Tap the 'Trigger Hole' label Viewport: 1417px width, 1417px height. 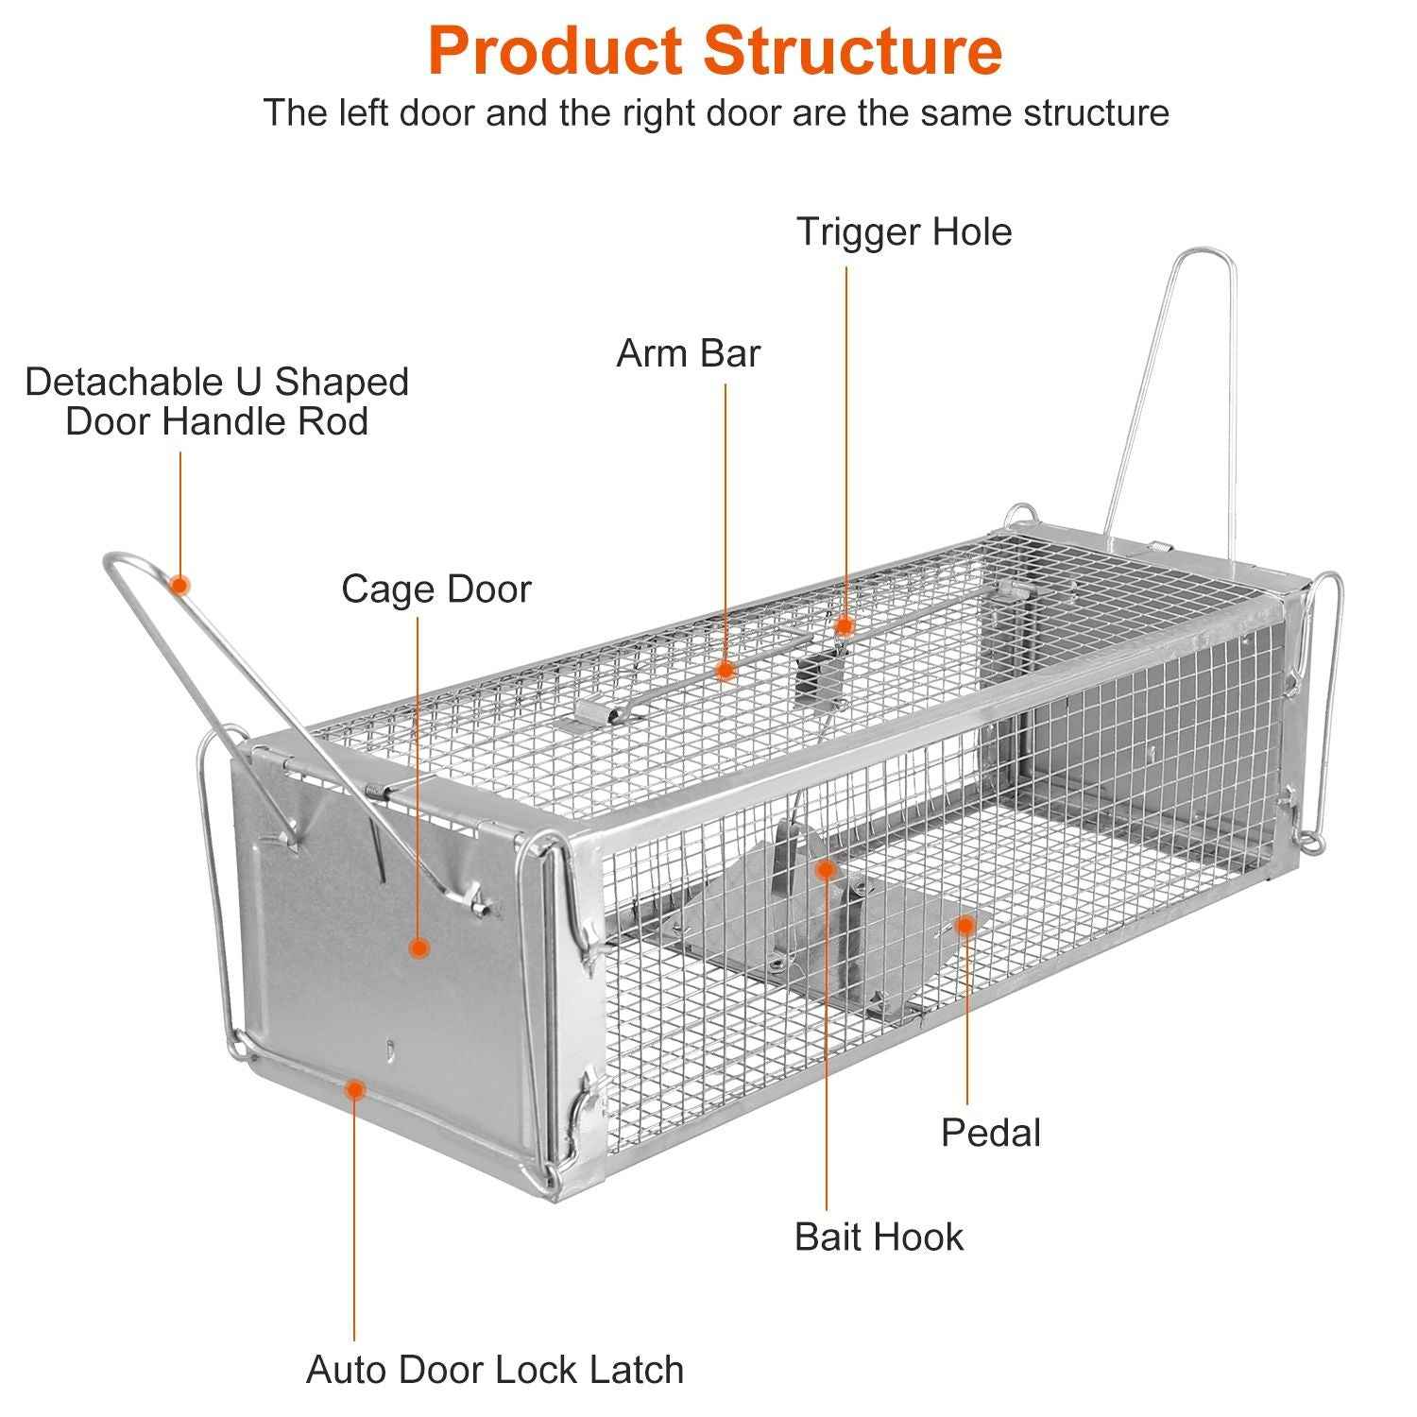[904, 231]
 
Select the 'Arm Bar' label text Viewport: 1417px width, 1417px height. [688, 353]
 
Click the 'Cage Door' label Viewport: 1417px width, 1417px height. [436, 589]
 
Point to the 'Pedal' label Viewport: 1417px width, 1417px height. [990, 1133]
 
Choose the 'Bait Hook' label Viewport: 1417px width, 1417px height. [879, 1237]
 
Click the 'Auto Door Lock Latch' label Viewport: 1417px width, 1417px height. [495, 1369]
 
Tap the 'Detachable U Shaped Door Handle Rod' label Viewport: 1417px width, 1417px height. [217, 401]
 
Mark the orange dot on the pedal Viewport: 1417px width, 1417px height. [965, 925]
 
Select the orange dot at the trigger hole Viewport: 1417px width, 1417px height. [845, 625]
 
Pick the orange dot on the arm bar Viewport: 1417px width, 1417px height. [725, 671]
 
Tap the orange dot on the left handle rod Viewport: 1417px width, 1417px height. [179, 585]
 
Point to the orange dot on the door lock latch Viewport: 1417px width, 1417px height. [354, 1090]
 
